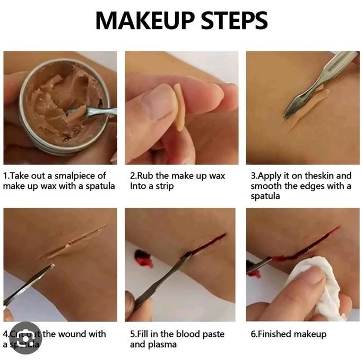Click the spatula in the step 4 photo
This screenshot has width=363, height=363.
pos(29,284)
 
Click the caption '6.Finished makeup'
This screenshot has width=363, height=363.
pos(288,334)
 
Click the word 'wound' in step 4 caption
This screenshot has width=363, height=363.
pos(75,334)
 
